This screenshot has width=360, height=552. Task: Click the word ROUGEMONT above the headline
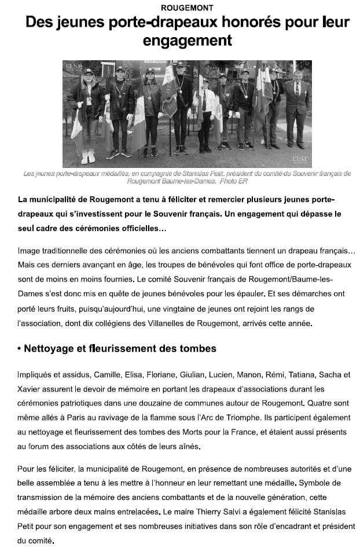tap(179, 8)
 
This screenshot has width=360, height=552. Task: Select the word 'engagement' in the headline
tap(187, 41)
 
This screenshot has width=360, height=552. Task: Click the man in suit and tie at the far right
tap(297, 107)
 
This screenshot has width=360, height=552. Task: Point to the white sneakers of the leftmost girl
tap(88, 157)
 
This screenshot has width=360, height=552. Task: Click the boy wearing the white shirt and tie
tap(205, 113)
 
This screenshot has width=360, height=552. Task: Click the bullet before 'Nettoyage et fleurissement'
tap(20, 349)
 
